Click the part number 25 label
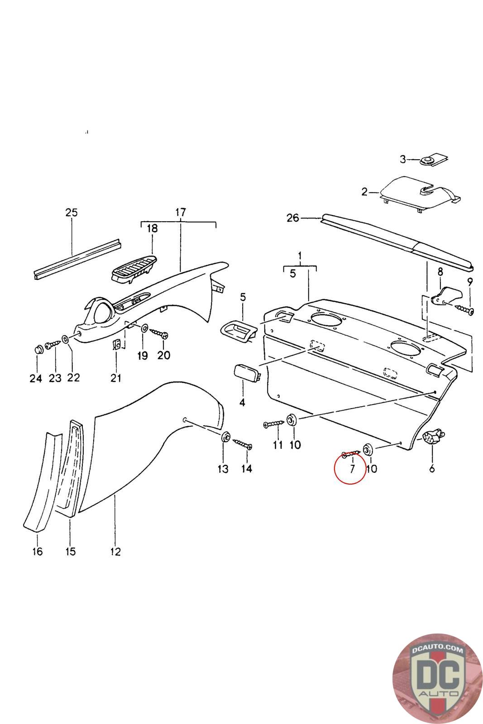[72, 212]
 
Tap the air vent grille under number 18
[134, 269]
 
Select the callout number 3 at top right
[403, 159]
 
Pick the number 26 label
[293, 218]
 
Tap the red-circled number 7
[352, 468]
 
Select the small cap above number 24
[38, 349]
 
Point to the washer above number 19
[144, 327]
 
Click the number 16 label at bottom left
[37, 552]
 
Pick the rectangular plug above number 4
[246, 375]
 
